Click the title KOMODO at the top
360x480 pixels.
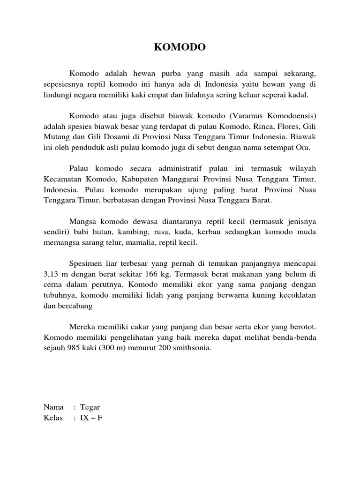(180, 47)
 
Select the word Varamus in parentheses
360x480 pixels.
(243, 115)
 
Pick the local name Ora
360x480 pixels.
(304, 147)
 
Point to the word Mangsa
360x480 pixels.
(81, 221)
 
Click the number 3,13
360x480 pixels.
(52, 274)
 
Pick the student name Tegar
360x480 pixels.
(90, 407)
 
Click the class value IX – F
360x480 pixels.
(91, 417)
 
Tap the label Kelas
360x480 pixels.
(53, 417)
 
